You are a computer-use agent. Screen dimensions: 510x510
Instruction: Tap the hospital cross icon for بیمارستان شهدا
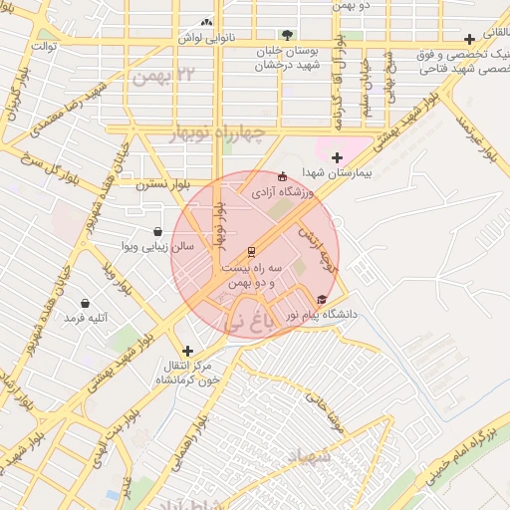[x=337, y=157]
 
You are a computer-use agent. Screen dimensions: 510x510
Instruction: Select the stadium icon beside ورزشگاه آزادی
[x=282, y=176]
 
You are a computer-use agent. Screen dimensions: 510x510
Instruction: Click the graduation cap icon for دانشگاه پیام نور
[x=321, y=299]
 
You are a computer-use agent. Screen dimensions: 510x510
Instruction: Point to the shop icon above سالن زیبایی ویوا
[x=158, y=231]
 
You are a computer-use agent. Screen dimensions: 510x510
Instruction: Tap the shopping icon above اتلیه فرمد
[x=85, y=303]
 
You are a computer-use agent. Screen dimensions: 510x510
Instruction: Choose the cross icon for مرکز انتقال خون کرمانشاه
[x=187, y=350]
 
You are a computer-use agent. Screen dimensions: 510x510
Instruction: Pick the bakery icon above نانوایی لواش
[x=206, y=22]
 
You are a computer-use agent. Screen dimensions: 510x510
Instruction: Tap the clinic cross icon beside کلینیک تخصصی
[x=469, y=39]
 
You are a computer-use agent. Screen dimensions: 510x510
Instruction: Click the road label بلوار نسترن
[x=163, y=184]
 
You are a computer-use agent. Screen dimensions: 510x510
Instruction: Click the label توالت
[x=46, y=46]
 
